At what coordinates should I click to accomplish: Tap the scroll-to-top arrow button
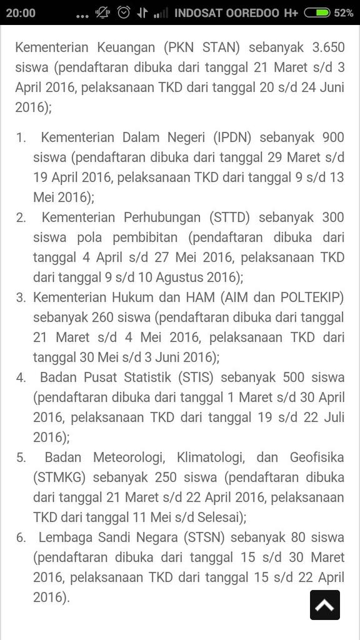coord(325,604)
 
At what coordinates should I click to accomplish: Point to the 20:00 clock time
coord(21,12)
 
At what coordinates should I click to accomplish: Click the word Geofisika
coord(317,457)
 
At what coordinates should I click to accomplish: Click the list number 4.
coord(21,377)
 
